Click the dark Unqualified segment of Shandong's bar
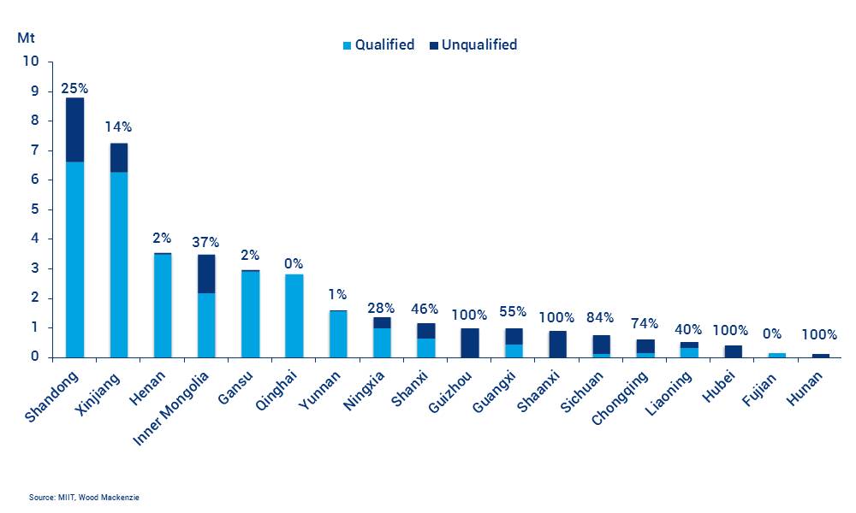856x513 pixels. point(74,130)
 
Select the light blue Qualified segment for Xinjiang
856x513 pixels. point(118,264)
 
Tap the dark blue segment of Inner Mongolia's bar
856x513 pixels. point(206,274)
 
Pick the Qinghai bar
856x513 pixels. point(294,315)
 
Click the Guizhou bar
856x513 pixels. point(470,343)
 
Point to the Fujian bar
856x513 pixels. point(777,354)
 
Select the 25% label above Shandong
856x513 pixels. point(74,88)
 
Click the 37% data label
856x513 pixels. point(206,243)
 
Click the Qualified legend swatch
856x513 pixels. point(347,45)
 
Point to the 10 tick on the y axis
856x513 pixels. point(32,62)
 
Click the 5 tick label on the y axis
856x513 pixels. point(35,209)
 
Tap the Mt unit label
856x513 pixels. point(26,38)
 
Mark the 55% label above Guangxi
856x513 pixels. point(514,312)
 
